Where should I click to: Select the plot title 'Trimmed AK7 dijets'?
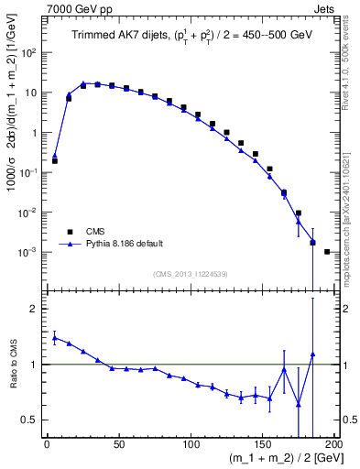point(111,34)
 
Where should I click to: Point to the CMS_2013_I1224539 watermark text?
point(190,272)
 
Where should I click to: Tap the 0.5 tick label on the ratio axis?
point(30,420)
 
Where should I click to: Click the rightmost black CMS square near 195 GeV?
point(327,251)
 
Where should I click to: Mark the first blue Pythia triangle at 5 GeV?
point(55,156)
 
